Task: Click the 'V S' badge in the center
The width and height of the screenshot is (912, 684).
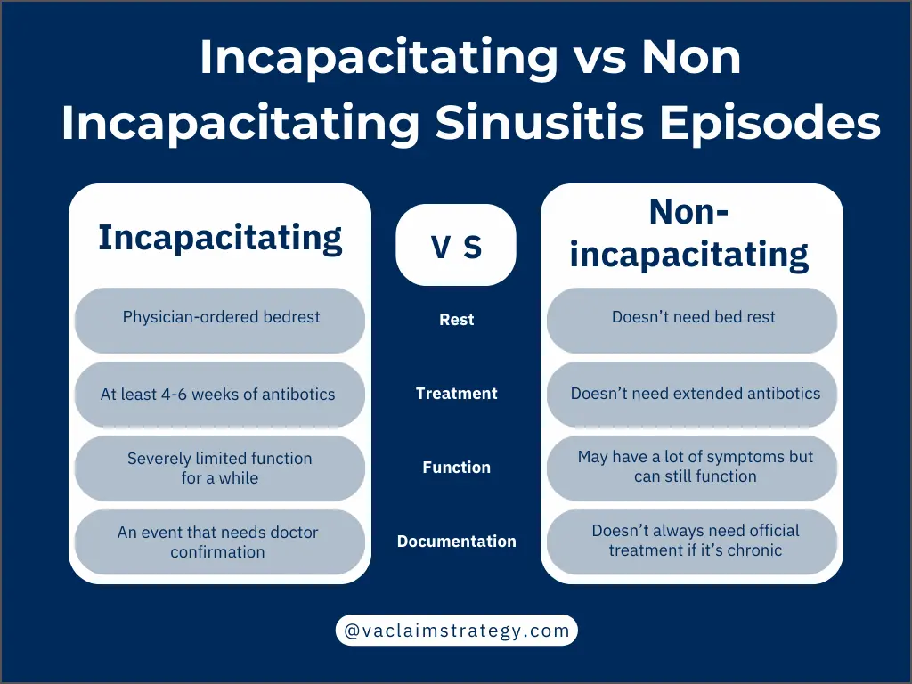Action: (x=456, y=246)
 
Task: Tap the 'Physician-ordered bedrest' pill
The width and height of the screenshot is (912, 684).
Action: (x=220, y=318)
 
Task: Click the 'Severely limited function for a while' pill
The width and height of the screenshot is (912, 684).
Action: (x=220, y=468)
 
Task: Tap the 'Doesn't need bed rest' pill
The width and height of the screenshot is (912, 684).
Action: (x=693, y=318)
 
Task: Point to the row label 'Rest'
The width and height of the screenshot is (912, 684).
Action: (x=456, y=320)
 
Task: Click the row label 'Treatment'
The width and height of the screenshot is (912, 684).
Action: (x=456, y=394)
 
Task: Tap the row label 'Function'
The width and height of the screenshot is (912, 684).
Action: (x=456, y=468)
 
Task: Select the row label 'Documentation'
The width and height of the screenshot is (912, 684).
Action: (x=456, y=541)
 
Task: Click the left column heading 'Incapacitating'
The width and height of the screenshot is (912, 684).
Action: (x=220, y=238)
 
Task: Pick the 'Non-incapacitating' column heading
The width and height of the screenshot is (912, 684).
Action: (x=689, y=233)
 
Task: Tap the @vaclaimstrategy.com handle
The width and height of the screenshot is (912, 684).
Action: (x=456, y=631)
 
